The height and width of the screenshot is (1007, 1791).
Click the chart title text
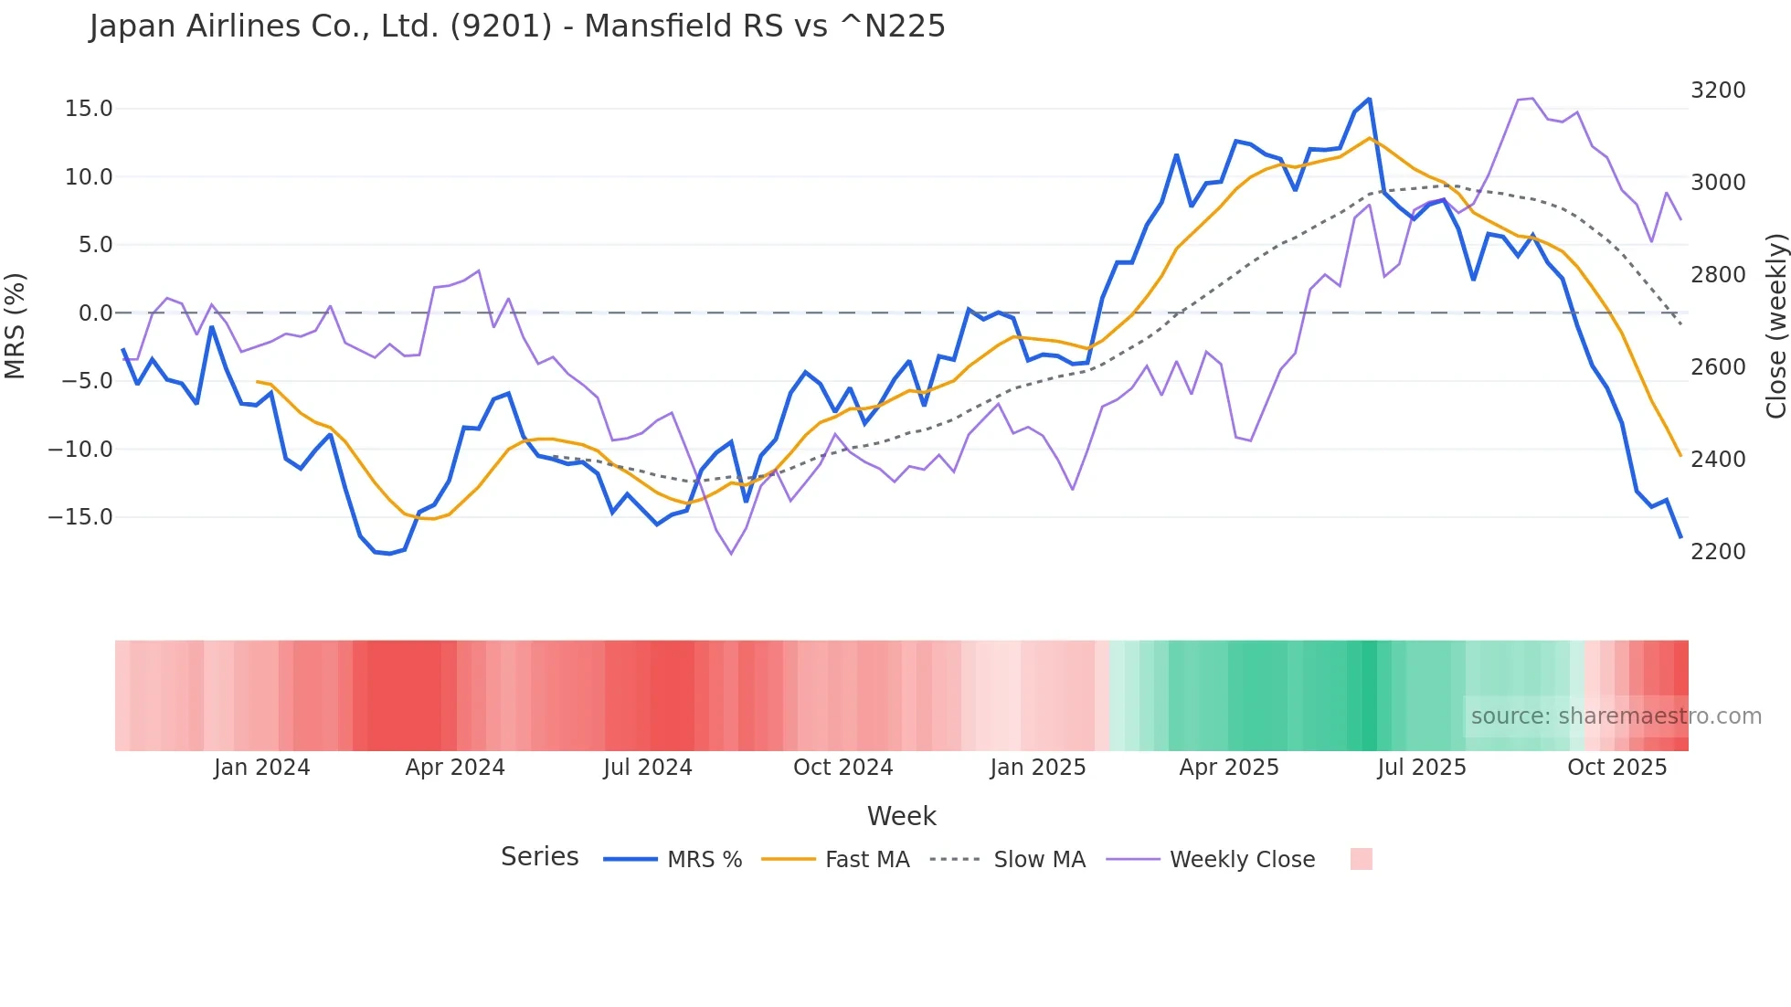[517, 26]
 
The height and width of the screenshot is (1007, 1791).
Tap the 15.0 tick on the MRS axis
[89, 109]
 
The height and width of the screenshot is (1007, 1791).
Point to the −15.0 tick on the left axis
[80, 517]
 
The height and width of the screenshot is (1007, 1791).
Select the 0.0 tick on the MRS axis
[96, 313]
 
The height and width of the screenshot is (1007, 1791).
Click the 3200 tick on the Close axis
[1718, 90]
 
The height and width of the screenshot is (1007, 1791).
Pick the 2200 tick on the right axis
[1718, 552]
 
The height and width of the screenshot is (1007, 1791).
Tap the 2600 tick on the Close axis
[1718, 367]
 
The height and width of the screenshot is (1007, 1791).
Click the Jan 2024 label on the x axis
[262, 768]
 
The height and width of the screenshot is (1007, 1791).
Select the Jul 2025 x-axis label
[1421, 768]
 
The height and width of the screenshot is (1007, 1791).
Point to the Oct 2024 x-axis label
[843, 768]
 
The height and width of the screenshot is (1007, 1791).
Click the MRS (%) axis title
[16, 325]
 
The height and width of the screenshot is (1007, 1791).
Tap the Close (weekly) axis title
[1775, 326]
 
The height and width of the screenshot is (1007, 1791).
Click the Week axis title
[901, 816]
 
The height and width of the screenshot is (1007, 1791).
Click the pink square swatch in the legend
[1361, 859]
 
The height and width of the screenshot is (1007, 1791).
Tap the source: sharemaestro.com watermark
[1616, 716]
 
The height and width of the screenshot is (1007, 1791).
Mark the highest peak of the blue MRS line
[1369, 99]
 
